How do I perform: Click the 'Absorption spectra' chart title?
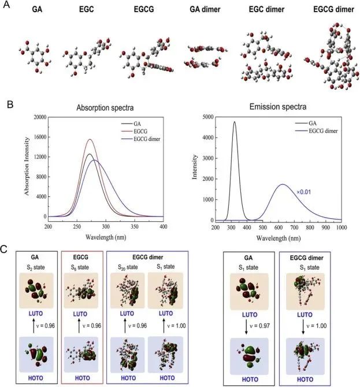[x=102, y=107]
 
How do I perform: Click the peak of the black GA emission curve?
[x=235, y=122]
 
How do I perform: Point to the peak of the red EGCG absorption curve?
[x=90, y=139]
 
